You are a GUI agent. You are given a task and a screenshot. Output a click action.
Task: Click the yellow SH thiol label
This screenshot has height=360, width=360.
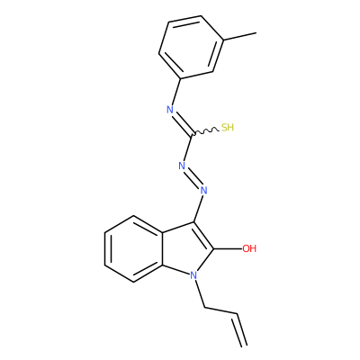228,128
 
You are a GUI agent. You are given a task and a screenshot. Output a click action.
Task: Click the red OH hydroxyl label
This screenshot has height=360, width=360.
249,248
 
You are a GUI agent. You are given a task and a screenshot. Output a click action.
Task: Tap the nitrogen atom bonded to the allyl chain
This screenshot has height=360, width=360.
193,274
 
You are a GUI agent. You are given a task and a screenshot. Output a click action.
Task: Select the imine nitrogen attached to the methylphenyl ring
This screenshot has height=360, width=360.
170,110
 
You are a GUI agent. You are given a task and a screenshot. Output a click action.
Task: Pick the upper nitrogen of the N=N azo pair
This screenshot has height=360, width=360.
182,166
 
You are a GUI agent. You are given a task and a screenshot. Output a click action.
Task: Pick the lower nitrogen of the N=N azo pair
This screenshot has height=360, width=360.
204,190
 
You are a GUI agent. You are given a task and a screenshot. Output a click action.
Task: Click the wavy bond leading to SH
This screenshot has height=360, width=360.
205,131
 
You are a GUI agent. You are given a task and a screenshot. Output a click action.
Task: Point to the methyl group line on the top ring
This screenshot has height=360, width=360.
239,36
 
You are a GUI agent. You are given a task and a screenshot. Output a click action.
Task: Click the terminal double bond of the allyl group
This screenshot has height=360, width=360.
240,330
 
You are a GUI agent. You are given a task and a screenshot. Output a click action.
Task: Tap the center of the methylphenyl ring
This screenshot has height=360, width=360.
191,47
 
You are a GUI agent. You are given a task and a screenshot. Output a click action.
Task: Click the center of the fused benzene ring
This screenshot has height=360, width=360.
134,248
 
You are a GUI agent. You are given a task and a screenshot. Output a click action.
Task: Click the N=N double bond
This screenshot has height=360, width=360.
193,178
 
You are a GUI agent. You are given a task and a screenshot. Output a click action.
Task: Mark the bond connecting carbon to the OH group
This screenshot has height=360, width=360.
228,248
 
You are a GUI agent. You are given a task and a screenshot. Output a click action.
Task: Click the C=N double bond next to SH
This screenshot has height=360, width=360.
183,123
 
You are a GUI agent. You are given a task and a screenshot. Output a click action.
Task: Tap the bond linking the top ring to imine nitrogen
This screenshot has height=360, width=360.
176,92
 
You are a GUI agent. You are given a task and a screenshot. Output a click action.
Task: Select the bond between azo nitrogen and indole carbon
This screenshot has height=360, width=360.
199,209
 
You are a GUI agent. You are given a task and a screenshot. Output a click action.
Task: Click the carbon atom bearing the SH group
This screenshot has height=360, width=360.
192,134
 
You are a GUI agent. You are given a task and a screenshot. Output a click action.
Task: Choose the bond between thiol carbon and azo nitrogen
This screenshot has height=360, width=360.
188,148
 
